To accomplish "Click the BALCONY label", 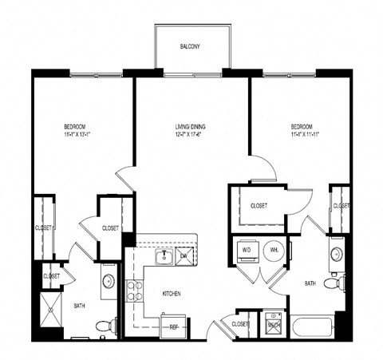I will coord(189,46).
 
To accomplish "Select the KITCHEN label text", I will coord(172,294).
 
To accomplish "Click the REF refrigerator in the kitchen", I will coord(172,326).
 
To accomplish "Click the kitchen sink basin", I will coord(164,256).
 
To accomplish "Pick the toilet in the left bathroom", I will coord(103,325).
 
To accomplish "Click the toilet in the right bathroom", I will coord(341,283).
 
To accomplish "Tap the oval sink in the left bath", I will coord(107,280).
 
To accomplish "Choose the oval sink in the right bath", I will coord(337,255).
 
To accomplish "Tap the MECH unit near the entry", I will coord(273,324).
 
